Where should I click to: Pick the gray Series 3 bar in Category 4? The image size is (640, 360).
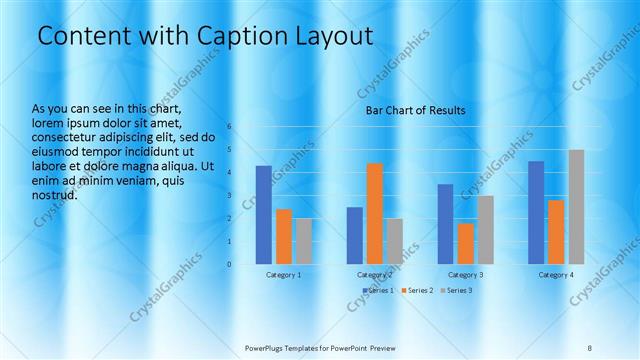point(576,206)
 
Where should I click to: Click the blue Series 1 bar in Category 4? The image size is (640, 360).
point(536,212)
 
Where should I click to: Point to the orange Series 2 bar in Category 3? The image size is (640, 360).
point(465,243)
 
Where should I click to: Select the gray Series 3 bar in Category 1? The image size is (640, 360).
point(304,241)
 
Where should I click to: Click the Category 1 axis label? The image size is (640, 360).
point(284,274)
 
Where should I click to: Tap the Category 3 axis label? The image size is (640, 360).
point(465,274)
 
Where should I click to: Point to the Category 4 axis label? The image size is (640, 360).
point(556,274)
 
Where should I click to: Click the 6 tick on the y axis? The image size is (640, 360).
point(229,127)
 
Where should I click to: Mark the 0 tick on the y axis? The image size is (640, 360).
point(229,264)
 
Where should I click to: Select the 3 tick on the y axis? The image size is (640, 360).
point(229,196)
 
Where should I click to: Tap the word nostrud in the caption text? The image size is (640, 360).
point(53,195)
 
